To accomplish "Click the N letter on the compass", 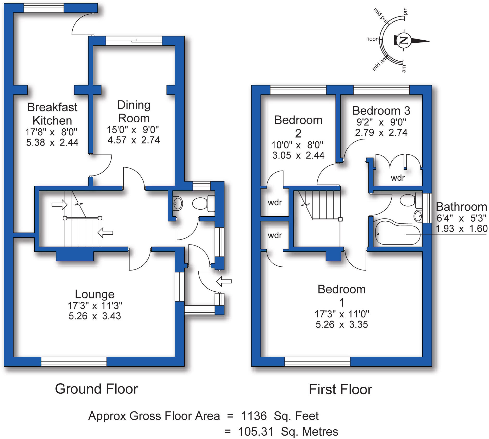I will pyautogui.click(x=403, y=40).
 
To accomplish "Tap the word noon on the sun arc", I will pyautogui.click(x=372, y=39).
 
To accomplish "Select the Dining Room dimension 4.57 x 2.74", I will pyautogui.click(x=134, y=140).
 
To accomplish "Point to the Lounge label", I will pyautogui.click(x=95, y=294).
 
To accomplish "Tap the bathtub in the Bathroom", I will pyautogui.click(x=397, y=234).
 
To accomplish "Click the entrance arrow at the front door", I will pyautogui.click(x=224, y=281).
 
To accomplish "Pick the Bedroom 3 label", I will pyautogui.click(x=381, y=111).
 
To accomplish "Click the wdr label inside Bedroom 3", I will pyautogui.click(x=398, y=178).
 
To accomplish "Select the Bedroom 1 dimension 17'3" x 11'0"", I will pyautogui.click(x=342, y=314).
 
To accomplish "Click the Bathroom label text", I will pyautogui.click(x=461, y=207).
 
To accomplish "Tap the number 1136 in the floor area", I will pyautogui.click(x=254, y=416).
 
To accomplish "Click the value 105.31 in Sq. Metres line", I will pyautogui.click(x=256, y=431).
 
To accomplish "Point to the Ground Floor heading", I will pyautogui.click(x=96, y=389).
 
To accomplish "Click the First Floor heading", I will pyautogui.click(x=340, y=390).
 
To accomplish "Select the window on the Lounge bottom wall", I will pyautogui.click(x=74, y=361).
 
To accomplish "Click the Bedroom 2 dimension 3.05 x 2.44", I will pyautogui.click(x=298, y=155).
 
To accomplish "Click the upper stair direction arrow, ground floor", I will pyautogui.click(x=59, y=204).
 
